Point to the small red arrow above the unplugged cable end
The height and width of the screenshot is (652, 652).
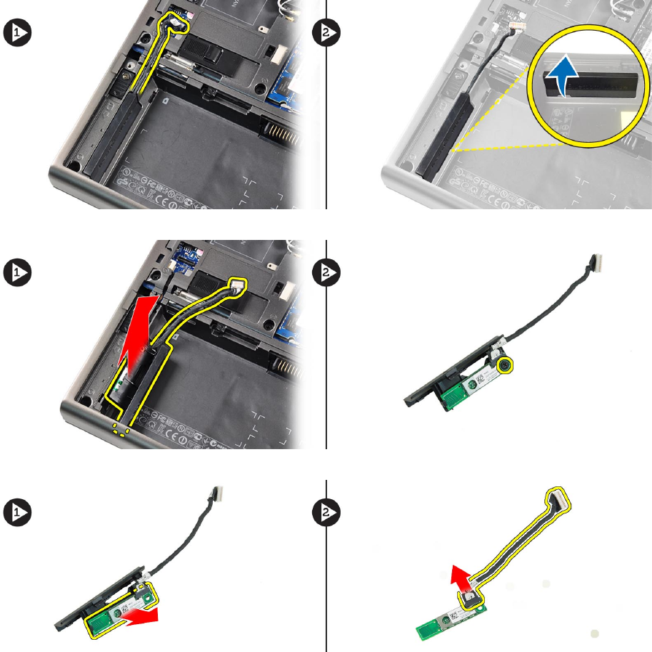coord(462,578)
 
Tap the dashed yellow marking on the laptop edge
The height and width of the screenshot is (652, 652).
coord(121,431)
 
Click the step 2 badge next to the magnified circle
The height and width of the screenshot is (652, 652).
coord(326,32)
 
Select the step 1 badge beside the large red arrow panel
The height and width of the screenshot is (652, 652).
coord(17,272)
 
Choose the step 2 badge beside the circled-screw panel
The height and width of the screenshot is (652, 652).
coord(326,272)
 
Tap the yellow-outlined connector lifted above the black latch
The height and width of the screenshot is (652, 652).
coord(238,286)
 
